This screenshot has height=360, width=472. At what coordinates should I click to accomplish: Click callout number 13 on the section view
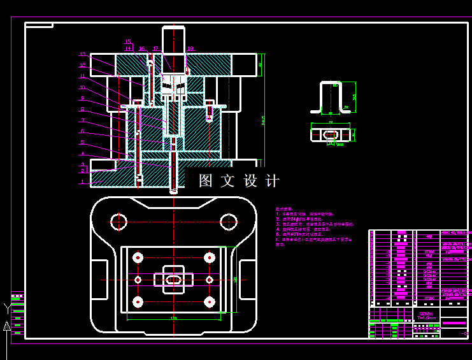pyautogui.click(x=83, y=54)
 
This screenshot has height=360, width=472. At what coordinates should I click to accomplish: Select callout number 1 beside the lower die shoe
pyautogui.click(x=82, y=182)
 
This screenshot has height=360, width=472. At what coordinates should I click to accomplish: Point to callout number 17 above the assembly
pyautogui.click(x=155, y=48)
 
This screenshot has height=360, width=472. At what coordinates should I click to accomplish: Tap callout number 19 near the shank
pyautogui.click(x=190, y=48)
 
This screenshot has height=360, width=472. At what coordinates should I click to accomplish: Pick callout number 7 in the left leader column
pyautogui.click(x=83, y=120)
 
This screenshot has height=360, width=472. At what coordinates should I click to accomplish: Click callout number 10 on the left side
pyautogui.click(x=82, y=87)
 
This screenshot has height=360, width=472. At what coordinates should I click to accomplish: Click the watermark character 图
pyautogui.click(x=206, y=181)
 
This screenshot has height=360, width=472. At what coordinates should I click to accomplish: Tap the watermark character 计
pyautogui.click(x=273, y=181)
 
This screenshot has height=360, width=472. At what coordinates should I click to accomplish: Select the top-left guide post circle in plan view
pyautogui.click(x=119, y=221)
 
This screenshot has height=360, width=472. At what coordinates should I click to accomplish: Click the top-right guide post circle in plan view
pyautogui.click(x=228, y=221)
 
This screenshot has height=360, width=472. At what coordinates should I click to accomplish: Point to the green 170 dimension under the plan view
pyautogui.click(x=173, y=317)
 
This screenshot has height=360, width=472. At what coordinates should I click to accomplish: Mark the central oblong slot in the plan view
pyautogui.click(x=173, y=279)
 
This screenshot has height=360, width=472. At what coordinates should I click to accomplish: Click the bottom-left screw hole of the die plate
pyautogui.click(x=138, y=301)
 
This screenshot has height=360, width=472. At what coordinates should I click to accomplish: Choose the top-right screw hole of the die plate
pyautogui.click(x=209, y=257)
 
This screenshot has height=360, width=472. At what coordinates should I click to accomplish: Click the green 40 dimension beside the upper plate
pyautogui.click(x=261, y=65)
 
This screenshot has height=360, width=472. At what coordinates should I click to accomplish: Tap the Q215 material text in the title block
pyautogui.click(x=426, y=314)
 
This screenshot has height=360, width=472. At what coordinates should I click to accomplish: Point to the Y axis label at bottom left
pyautogui.click(x=7, y=309)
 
